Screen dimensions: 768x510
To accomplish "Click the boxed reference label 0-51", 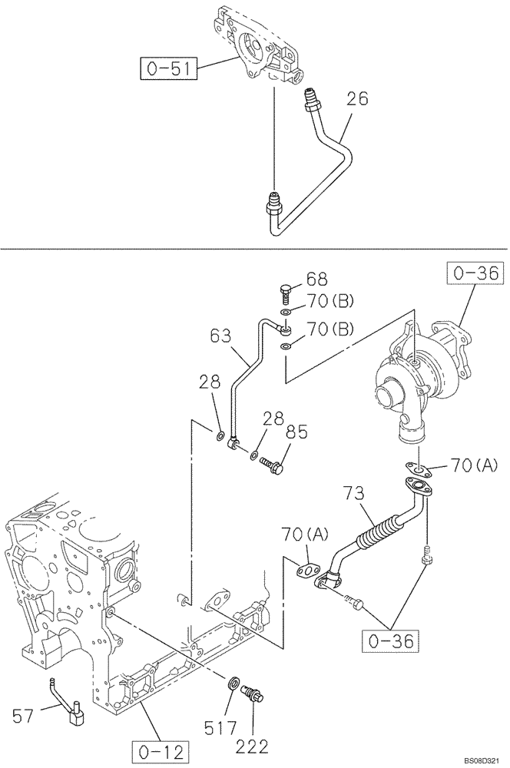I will click(x=168, y=69).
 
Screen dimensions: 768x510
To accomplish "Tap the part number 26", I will click(x=357, y=99).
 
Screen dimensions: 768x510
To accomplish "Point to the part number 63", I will click(x=220, y=336).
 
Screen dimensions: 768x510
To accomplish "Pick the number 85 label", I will click(x=297, y=432).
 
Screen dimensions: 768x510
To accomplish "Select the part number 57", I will click(x=24, y=717).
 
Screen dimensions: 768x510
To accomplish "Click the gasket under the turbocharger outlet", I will click(x=417, y=469).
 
